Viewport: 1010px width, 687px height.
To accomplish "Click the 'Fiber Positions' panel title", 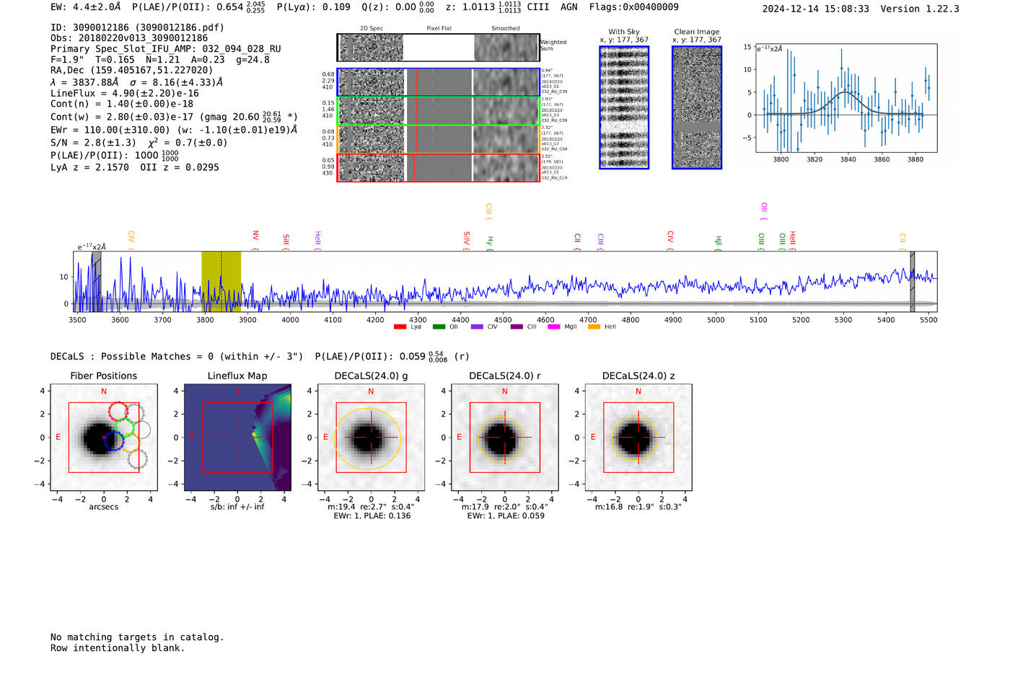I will (x=103, y=376).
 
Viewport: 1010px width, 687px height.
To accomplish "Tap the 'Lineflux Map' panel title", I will (x=237, y=376).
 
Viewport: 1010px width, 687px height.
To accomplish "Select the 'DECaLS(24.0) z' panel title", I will (x=638, y=376).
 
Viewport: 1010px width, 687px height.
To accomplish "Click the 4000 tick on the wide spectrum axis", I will (x=290, y=320).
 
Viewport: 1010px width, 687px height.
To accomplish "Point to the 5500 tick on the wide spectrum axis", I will (x=928, y=320).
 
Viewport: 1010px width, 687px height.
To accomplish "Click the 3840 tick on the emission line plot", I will (x=848, y=159).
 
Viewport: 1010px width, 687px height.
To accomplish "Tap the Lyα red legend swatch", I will (x=400, y=327).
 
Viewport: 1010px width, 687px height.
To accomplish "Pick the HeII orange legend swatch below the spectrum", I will (x=594, y=327).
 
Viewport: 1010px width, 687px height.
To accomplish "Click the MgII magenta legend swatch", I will (x=553, y=327).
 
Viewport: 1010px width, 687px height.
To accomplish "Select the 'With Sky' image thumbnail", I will (x=624, y=107).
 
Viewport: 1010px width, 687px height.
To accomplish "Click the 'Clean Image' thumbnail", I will (x=697, y=107).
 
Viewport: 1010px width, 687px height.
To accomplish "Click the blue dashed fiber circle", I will (x=114, y=441).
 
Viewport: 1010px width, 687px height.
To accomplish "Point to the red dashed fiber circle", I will (x=118, y=411).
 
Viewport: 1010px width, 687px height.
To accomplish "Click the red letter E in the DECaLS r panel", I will (x=459, y=437).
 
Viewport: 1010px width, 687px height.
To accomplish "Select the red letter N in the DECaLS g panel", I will (x=371, y=391).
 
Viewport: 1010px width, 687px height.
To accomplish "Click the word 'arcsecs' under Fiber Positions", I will (x=103, y=507).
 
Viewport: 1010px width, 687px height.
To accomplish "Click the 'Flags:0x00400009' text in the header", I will (x=633, y=6).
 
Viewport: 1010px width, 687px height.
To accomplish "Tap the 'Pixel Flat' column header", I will (x=439, y=28).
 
